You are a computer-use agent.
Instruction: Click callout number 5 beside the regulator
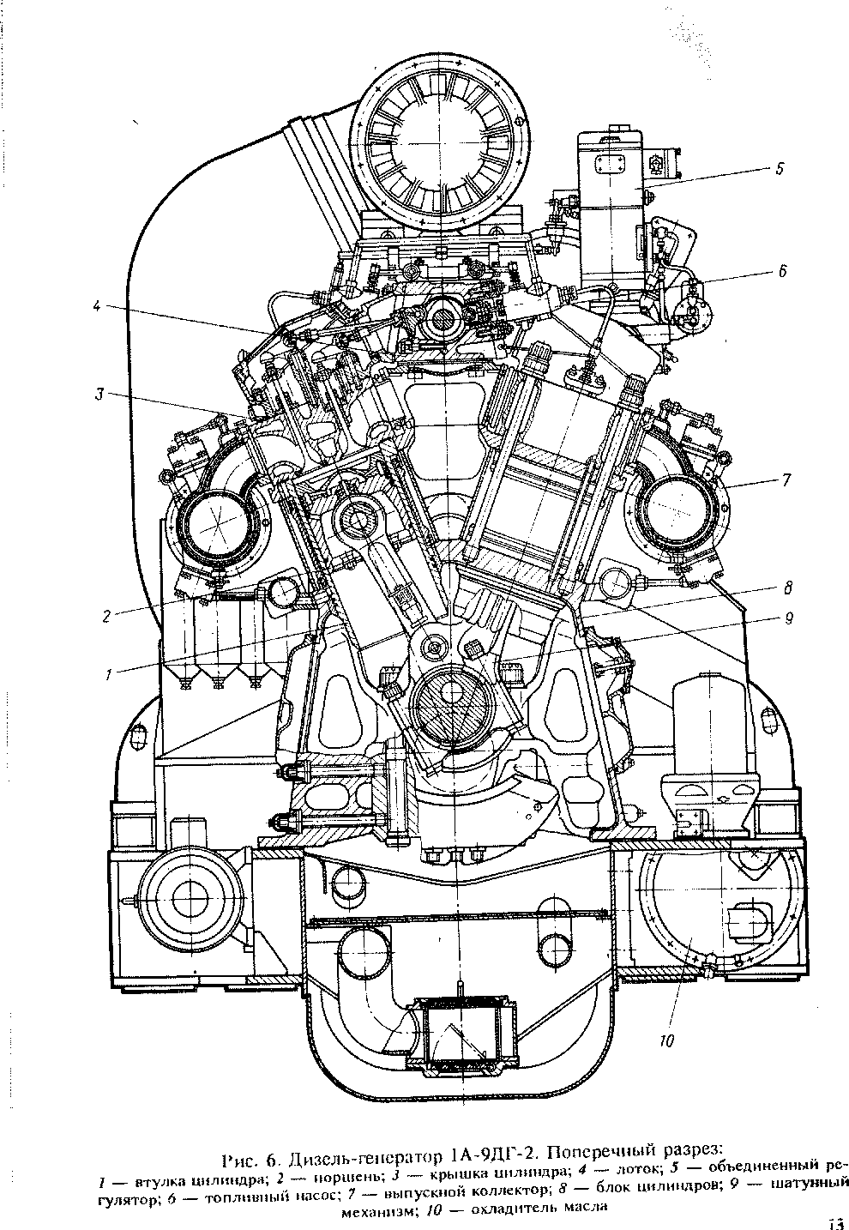[x=779, y=169]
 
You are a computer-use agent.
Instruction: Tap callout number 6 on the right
[x=782, y=272]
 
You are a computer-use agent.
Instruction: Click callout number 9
[x=788, y=616]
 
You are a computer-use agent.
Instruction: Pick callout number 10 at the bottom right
[x=665, y=1041]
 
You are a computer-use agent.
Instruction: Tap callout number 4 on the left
[x=97, y=304]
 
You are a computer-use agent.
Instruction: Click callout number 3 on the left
[x=99, y=395]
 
